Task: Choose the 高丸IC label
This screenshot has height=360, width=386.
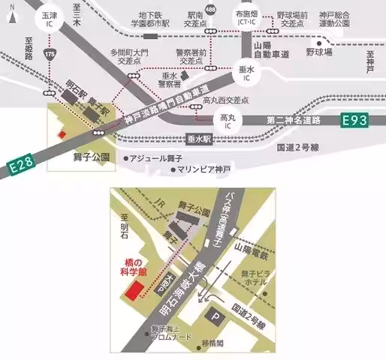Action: pos(228,121)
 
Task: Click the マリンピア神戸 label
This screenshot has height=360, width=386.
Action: pos(204,169)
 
